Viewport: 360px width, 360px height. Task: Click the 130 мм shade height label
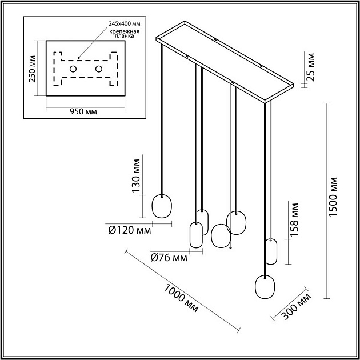[136, 178]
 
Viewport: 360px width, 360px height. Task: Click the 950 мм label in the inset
[83, 111]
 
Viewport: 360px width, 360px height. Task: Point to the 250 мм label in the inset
[33, 69]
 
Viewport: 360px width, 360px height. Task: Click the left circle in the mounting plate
[73, 69]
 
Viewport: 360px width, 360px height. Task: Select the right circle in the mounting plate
[99, 69]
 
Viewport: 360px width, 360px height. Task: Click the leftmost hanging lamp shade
[162, 206]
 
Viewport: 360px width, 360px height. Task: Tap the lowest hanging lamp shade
[264, 287]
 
